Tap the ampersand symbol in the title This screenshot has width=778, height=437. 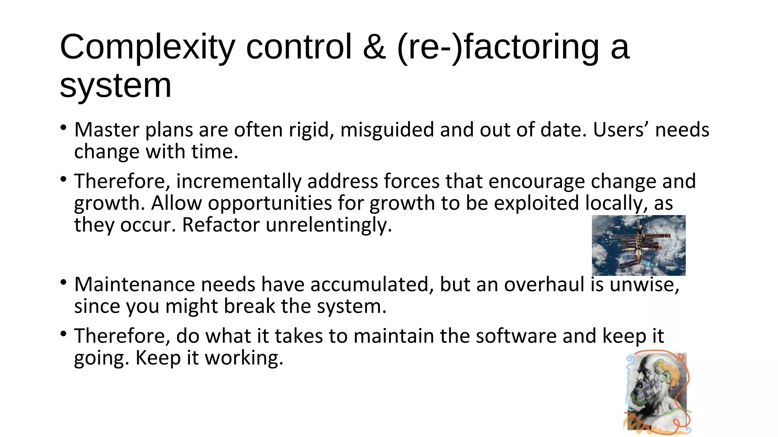coord(374,47)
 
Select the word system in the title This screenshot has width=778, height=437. coord(115,85)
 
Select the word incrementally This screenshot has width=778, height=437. coord(239,181)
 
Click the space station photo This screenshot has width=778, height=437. coord(639,245)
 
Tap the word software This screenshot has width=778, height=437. coord(516,336)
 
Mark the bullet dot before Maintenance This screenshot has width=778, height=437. coord(63,282)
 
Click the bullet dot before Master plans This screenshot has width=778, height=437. coord(63,127)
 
